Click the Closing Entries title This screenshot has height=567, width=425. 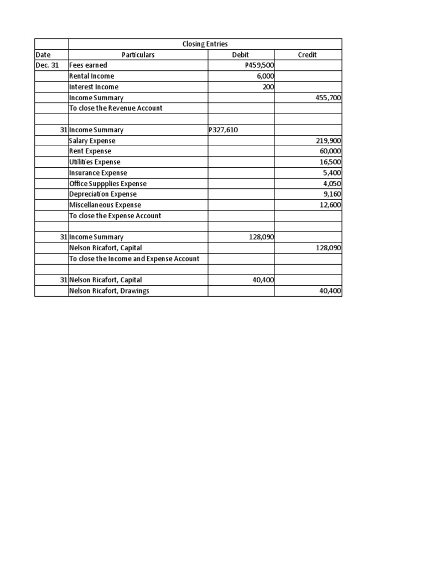click(x=205, y=44)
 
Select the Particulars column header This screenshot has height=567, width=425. click(x=138, y=55)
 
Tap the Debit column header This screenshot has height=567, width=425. click(x=241, y=55)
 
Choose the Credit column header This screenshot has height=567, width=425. click(x=308, y=55)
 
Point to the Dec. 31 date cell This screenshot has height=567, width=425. click(x=47, y=65)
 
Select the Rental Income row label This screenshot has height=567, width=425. click(x=92, y=76)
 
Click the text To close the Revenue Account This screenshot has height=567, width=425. click(x=116, y=109)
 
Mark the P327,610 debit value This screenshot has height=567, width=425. click(x=225, y=130)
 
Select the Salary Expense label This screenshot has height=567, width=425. click(x=92, y=141)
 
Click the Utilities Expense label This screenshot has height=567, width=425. click(x=95, y=162)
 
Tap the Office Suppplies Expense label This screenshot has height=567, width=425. click(x=108, y=184)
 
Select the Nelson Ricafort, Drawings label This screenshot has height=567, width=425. click(x=109, y=291)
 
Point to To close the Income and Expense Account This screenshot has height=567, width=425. click(x=134, y=259)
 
